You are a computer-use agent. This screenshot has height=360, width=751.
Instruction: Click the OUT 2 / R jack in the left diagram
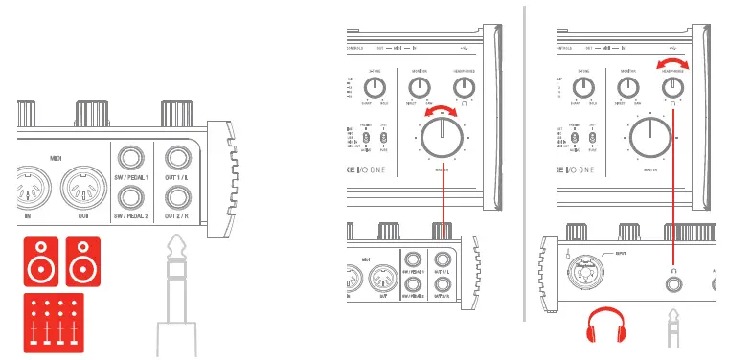[x=176, y=198]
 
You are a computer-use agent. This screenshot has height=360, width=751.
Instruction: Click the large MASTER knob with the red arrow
[x=442, y=140]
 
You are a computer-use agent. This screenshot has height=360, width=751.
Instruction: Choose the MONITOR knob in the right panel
[x=629, y=88]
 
